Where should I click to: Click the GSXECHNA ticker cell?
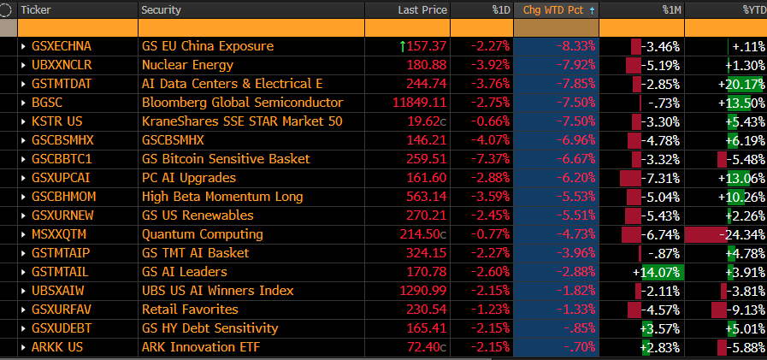(x=61, y=46)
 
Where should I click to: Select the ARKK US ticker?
(x=55, y=347)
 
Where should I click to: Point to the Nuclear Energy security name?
(x=175, y=65)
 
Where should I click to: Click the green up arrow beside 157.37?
(x=403, y=46)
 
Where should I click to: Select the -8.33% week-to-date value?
(x=575, y=46)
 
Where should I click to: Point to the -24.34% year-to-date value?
(x=741, y=234)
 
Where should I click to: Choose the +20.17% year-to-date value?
(x=741, y=84)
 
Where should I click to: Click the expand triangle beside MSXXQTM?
(x=23, y=234)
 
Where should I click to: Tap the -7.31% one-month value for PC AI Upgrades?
(x=660, y=178)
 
